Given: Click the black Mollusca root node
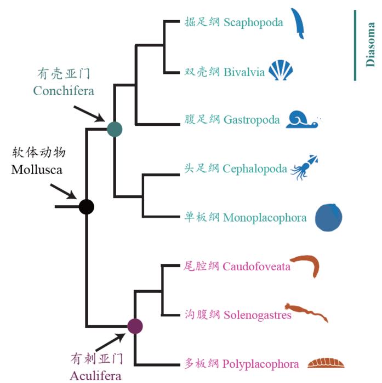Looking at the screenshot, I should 87,207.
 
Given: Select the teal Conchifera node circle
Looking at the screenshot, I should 115,129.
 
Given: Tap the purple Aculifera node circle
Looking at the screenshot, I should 135,326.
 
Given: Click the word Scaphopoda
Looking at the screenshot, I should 253,22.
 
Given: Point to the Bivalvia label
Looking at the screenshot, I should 244,72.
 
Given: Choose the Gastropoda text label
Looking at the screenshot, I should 252,120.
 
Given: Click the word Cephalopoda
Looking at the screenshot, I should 255,169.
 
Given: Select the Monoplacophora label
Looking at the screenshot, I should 265,218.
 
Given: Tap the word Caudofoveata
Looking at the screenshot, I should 256,267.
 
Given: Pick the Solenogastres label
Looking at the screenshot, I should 257,315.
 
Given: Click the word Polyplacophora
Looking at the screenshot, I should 261,364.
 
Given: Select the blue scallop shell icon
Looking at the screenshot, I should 281,71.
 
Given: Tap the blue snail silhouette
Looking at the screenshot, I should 302,119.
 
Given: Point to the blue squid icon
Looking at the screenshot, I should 304,167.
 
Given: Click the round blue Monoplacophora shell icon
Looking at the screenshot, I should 329,217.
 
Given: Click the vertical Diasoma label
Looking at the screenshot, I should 370,45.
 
